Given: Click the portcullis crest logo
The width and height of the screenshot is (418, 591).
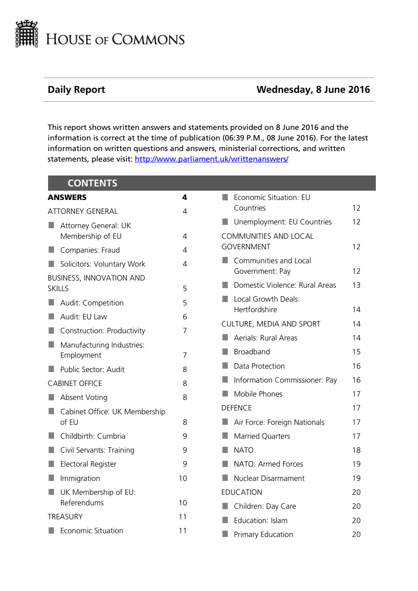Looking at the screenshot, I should click(27, 34).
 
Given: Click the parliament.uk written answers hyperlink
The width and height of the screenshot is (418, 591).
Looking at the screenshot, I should click(211, 159).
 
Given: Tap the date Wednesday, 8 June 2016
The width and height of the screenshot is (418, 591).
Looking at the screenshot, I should click(313, 89).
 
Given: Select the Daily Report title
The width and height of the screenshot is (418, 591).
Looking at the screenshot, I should click(76, 89).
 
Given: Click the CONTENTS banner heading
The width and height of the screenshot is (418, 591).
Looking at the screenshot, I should click(92, 183).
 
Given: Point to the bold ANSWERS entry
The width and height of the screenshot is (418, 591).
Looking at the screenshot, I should click(67, 197).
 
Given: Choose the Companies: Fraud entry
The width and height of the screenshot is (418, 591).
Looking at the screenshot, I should click(90, 250).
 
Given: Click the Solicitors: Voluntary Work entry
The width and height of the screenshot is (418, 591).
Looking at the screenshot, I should click(102, 264).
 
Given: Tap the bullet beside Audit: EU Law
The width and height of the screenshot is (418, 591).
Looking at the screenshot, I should click(51, 316).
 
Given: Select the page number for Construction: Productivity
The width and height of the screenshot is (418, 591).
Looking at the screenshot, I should click(185, 331).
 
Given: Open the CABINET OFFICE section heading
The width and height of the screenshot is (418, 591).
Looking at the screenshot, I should click(75, 383).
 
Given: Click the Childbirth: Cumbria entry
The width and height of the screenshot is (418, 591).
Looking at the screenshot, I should click(93, 436).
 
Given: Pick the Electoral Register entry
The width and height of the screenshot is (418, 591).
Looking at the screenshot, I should click(88, 464).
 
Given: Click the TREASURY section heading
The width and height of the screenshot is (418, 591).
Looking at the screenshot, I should click(65, 517).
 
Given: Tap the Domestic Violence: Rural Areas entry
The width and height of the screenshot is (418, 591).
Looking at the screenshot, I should click(285, 285).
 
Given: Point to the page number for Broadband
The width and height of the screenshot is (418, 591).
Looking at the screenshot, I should click(356, 352).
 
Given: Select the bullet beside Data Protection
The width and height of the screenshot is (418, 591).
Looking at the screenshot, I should click(225, 366).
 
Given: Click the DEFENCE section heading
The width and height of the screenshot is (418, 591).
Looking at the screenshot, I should click(237, 408).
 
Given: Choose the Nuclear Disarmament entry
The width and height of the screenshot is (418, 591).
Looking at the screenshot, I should click(269, 478).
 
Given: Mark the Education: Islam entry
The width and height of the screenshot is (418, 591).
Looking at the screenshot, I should click(261, 521).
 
